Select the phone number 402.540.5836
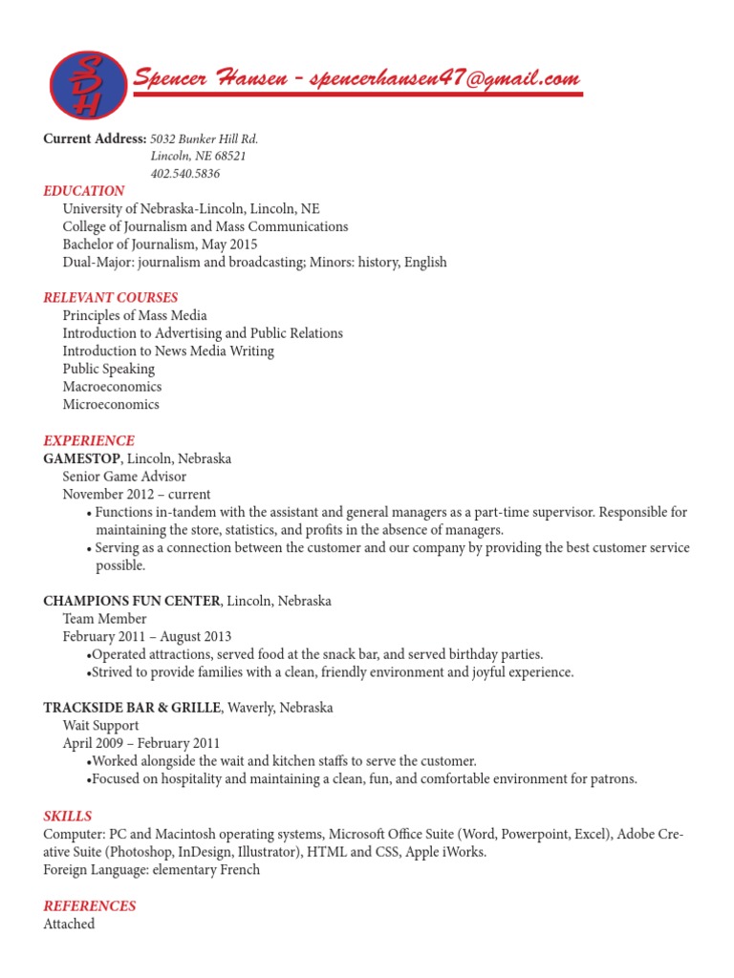pos(185,173)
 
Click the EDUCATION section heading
pos(84,191)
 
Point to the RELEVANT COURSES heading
pos(111,298)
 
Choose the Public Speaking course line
pos(108,369)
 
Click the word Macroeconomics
pos(112,387)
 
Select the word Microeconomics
pos(111,405)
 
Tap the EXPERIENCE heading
pos(89,441)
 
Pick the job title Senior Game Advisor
pos(124,477)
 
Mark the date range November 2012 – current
pos(137,495)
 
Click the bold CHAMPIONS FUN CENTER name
pos(132,601)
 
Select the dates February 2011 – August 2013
pos(147,636)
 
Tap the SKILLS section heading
pos(68,817)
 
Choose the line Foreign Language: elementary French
pos(152,870)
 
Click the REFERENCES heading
pos(90,906)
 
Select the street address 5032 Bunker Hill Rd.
pos(205,139)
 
